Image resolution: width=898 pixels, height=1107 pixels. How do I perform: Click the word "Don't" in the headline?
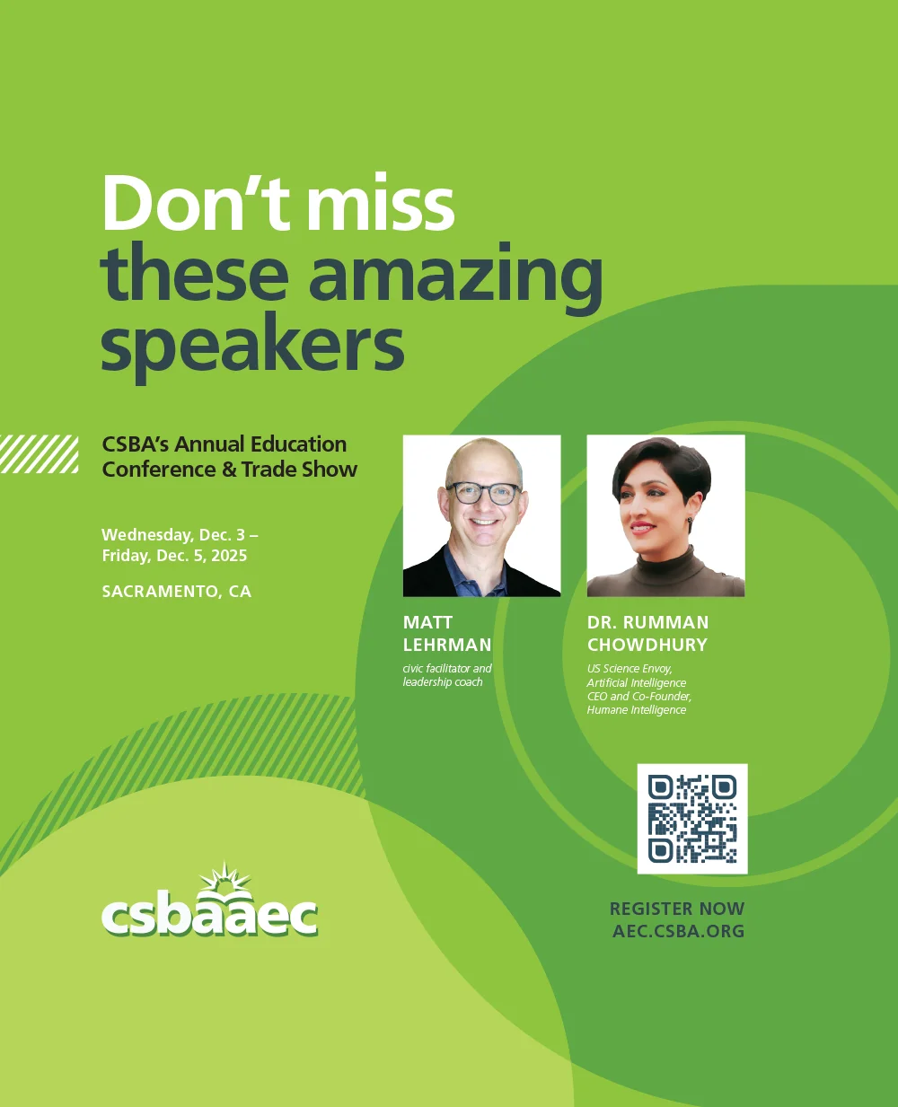196,203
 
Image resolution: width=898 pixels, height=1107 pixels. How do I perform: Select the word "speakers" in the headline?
252,347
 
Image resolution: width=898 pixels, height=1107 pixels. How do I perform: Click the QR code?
692,819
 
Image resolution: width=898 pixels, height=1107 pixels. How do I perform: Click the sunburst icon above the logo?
225,876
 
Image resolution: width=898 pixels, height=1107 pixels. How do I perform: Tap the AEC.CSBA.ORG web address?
678,931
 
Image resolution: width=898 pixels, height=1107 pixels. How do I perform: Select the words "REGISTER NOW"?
677,909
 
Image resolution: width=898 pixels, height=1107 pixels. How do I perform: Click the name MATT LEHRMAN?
447,634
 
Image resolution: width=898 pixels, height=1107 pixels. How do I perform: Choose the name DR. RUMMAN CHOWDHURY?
648,634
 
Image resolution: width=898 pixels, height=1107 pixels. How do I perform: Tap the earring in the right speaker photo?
691,520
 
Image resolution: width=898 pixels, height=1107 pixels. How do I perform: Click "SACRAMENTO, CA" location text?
177,592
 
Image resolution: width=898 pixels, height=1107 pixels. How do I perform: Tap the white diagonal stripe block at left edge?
39,454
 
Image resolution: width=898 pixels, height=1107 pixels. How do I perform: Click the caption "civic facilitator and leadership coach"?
447,675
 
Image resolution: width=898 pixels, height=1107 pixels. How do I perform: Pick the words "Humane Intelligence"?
637,710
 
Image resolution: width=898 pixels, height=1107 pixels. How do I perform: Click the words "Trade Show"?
299,470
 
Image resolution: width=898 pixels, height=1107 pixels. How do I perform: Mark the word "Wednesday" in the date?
147,535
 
